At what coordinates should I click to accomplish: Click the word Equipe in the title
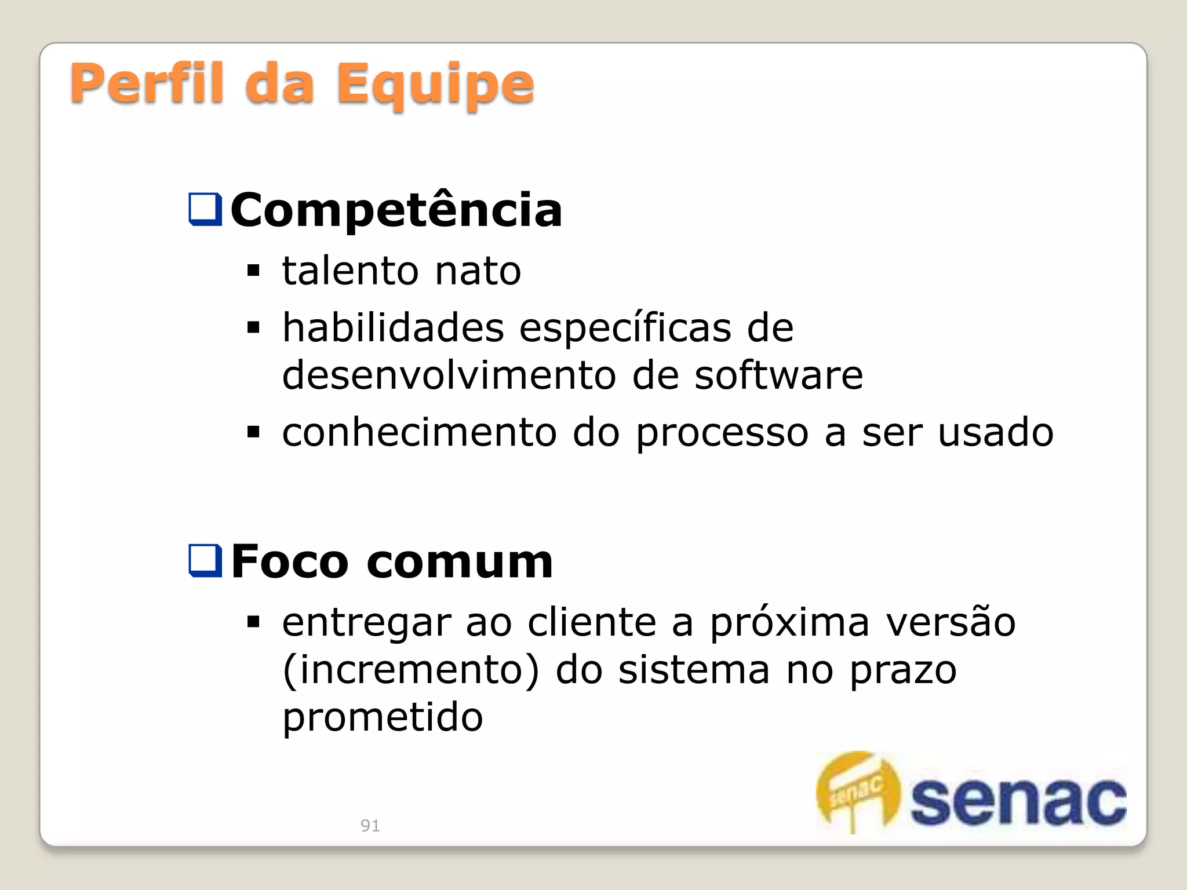click(x=435, y=86)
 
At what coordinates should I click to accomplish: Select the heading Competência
click(x=396, y=210)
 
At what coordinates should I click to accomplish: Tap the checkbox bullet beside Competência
click(x=205, y=209)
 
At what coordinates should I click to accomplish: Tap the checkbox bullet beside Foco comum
click(x=205, y=561)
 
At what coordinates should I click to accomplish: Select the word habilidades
click(x=393, y=327)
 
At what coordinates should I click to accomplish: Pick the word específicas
click(x=625, y=329)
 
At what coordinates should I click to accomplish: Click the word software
click(x=778, y=375)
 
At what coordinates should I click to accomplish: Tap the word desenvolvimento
click(x=449, y=375)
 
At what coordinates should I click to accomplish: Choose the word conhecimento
click(x=420, y=432)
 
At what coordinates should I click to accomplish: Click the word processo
click(x=722, y=433)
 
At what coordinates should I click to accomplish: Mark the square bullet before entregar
click(x=253, y=622)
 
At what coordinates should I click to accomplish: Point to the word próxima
click(x=790, y=623)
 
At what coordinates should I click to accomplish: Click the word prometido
click(x=383, y=717)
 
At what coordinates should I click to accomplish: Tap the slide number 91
click(x=370, y=825)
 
